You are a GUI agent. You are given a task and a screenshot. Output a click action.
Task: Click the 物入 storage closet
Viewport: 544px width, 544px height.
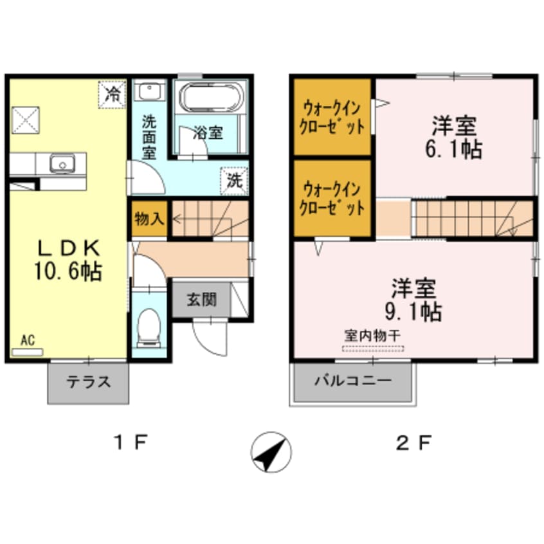(x=149, y=219)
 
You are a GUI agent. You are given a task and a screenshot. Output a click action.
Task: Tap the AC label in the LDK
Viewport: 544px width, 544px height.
(x=27, y=341)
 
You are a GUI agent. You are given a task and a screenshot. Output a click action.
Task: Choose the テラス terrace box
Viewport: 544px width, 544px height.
(x=88, y=382)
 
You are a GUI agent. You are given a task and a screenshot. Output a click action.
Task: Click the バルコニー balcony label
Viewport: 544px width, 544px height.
(x=352, y=381)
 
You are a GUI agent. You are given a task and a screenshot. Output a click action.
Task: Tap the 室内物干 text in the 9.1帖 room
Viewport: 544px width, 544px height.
(x=373, y=336)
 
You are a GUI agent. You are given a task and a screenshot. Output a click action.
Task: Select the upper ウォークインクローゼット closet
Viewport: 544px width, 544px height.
(x=332, y=116)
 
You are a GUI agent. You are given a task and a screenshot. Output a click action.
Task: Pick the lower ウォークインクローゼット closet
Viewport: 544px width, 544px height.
(x=332, y=198)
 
